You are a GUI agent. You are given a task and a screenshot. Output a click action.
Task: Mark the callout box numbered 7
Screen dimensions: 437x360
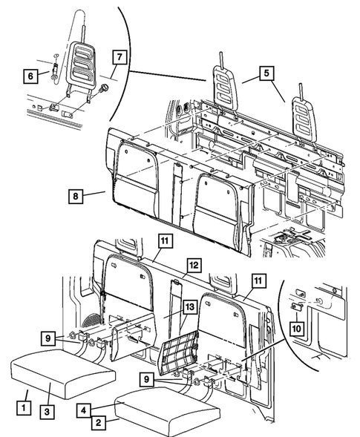tap(119, 56)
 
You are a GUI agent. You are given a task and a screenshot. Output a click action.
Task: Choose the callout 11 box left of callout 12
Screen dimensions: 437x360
tap(164, 240)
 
